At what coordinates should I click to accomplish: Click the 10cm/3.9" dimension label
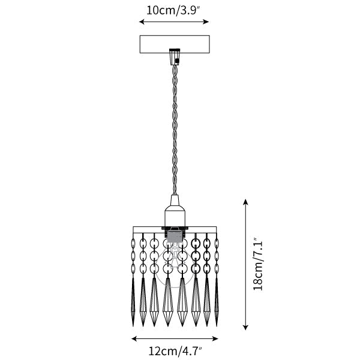(x=174, y=11)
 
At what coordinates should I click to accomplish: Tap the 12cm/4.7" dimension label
(x=175, y=351)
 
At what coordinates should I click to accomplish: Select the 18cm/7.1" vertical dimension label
(x=257, y=264)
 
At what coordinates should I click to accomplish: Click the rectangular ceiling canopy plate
(x=175, y=44)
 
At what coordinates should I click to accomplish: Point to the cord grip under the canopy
(x=175, y=57)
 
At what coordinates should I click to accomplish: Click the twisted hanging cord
(x=175, y=130)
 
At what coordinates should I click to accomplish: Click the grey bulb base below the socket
(x=175, y=236)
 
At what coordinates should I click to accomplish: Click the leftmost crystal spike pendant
(x=133, y=302)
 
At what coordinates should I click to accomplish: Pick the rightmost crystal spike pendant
(x=217, y=302)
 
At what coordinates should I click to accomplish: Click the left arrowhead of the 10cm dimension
(x=142, y=22)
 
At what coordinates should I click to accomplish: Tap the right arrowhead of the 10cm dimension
(x=206, y=22)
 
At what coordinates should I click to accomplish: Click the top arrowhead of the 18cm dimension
(x=245, y=202)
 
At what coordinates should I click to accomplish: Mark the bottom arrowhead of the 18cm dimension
(x=245, y=327)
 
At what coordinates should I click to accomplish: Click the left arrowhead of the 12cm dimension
(x=134, y=338)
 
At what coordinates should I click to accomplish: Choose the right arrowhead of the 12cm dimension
(x=215, y=338)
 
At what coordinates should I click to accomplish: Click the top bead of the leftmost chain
(x=133, y=243)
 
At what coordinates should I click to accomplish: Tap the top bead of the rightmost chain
(x=217, y=243)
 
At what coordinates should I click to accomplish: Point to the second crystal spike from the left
(x=143, y=302)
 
